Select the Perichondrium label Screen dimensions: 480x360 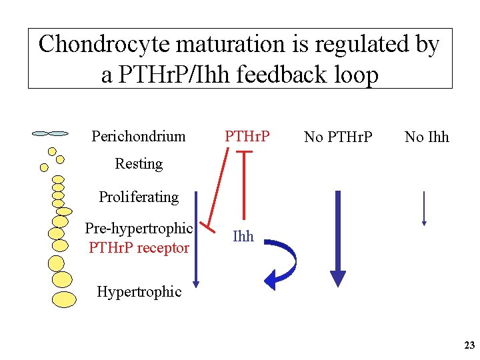[x=139, y=137]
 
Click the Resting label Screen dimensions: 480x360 [x=139, y=164]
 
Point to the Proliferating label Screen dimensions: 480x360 [x=139, y=197]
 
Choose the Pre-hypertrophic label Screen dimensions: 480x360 [x=139, y=229]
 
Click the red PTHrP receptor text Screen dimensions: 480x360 [x=139, y=248]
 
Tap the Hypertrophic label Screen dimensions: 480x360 [x=139, y=291]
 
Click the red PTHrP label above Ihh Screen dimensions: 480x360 [x=247, y=137]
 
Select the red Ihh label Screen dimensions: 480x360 [x=243, y=236]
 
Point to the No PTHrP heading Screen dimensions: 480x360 [x=338, y=137]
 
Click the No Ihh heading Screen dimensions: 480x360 [x=427, y=137]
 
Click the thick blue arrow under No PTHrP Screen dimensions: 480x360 [x=338, y=240]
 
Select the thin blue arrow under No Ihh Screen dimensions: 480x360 [x=424, y=208]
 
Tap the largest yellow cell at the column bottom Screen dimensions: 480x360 [x=64, y=300]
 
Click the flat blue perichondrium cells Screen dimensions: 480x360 [x=51, y=133]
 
